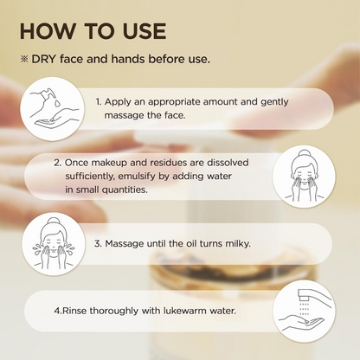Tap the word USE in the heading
[x=145, y=31]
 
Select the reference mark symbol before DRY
[x=23, y=59]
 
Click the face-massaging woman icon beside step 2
[x=304, y=177]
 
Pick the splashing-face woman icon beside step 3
[x=54, y=244]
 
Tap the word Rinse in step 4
[x=74, y=311]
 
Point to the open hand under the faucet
[x=300, y=322]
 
